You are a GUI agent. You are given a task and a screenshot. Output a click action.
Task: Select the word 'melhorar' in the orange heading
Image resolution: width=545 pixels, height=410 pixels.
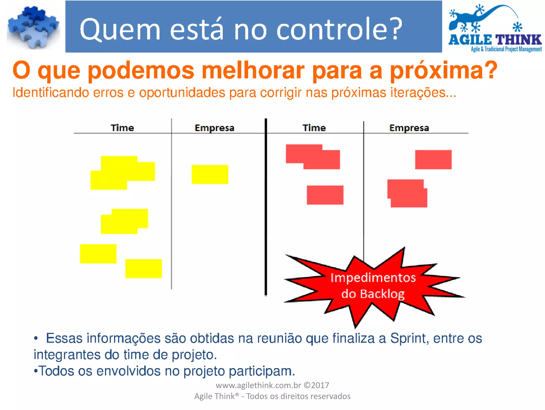[253, 70]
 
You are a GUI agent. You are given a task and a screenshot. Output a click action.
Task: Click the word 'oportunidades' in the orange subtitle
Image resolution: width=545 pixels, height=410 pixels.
[182, 93]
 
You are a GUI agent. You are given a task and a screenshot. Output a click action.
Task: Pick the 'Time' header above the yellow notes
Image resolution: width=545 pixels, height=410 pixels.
[122, 128]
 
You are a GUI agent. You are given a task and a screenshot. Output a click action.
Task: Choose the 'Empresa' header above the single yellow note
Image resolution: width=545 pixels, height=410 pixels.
[214, 128]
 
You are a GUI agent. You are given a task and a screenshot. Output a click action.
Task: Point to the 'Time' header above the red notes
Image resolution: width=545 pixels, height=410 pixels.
[314, 128]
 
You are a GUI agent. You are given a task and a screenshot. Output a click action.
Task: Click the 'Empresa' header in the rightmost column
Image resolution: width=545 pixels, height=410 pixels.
[409, 128]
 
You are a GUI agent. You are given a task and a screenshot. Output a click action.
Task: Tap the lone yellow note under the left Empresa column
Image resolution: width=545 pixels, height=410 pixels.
[210, 174]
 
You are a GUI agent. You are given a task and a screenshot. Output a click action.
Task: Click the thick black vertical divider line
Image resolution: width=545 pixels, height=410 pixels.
[266, 208]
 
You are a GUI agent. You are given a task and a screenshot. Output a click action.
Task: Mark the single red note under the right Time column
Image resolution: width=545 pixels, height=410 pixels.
[325, 195]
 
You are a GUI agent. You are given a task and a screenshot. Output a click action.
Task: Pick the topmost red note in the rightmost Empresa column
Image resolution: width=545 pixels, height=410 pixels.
[433, 159]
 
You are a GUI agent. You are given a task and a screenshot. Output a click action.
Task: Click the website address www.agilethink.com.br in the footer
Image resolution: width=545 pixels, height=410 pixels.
[258, 385]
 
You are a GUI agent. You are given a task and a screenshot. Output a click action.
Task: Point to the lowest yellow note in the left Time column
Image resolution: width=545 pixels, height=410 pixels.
[143, 268]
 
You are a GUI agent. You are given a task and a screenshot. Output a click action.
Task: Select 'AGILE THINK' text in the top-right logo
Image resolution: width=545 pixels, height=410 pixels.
[495, 40]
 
